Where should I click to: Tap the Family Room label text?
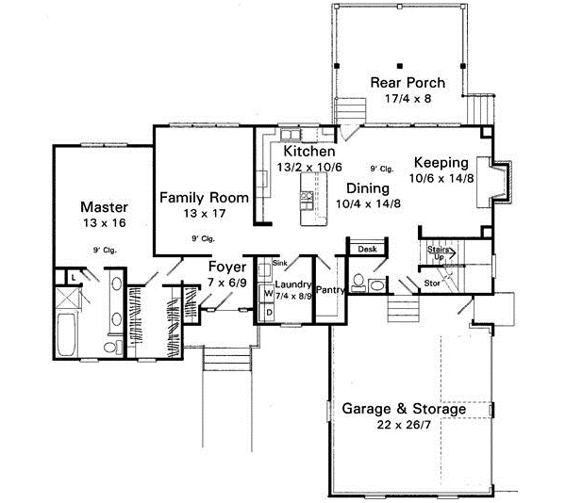204,198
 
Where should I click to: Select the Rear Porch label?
407,83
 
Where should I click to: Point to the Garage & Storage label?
404,410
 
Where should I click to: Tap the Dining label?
367,187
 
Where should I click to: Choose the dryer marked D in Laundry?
268,311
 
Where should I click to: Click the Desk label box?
366,250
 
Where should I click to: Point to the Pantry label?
329,291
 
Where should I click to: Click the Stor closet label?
432,282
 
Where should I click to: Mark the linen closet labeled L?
73,277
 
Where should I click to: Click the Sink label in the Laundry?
279,263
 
